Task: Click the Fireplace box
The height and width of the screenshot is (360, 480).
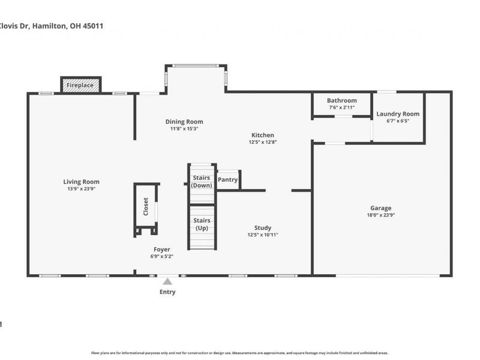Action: [x=81, y=85]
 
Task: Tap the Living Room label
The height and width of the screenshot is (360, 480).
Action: [x=82, y=182]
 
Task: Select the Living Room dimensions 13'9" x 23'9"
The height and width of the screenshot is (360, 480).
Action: [x=82, y=189]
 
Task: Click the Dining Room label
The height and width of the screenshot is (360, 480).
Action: [x=184, y=122]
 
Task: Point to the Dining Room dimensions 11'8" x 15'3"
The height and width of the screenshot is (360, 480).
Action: [x=184, y=129]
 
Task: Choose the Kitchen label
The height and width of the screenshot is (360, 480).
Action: [x=262, y=136]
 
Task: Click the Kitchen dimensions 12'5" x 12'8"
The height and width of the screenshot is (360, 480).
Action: [x=262, y=143]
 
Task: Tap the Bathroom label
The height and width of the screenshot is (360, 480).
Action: [x=341, y=100]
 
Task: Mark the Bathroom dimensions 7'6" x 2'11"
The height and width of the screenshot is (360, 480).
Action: [x=341, y=107]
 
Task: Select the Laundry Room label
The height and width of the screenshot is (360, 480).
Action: [x=398, y=114]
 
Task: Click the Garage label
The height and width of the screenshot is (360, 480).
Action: [x=380, y=208]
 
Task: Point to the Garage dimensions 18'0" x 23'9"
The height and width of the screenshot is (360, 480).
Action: [x=380, y=215]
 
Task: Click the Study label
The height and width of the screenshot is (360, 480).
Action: [x=262, y=228]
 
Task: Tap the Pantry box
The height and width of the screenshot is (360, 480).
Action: [x=228, y=179]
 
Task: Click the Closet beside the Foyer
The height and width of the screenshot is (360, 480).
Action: [x=146, y=206]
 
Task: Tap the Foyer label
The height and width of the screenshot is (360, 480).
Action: [x=161, y=250]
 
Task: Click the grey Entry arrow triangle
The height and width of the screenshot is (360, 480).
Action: [x=168, y=281]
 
